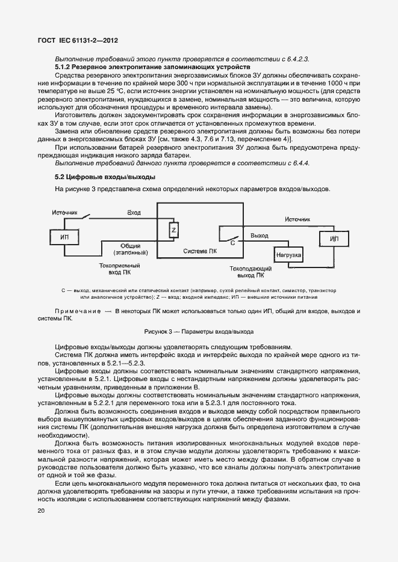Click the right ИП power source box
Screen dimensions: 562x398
tap(334, 239)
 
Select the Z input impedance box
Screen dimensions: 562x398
tap(173, 231)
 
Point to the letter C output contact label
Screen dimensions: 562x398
tap(232, 242)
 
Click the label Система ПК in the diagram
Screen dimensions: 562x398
tap(200, 250)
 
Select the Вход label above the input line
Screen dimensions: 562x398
tap(134, 213)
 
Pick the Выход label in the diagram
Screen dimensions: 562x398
tap(260, 236)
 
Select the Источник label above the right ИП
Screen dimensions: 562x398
tap(297, 219)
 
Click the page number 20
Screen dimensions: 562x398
tap(41, 511)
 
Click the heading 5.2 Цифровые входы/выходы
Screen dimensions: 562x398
tap(105, 177)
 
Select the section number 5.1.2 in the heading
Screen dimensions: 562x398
tap(64, 67)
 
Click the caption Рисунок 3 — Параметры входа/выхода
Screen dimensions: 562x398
tap(199, 331)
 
